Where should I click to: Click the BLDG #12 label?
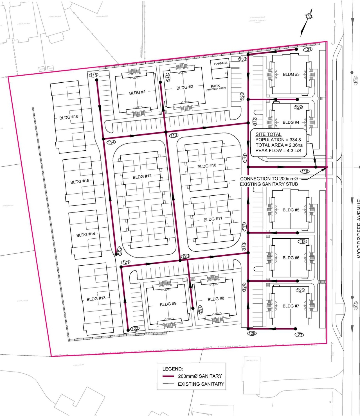point(142,177)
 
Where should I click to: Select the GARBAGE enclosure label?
point(220,64)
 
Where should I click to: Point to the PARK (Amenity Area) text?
point(215,87)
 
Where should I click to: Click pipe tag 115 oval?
point(94,75)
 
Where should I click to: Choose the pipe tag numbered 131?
point(308,49)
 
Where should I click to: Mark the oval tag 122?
point(135,329)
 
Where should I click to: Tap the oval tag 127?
point(299,334)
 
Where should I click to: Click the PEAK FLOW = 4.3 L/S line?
point(278,151)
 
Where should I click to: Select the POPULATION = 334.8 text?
point(278,140)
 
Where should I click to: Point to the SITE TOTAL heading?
point(268,134)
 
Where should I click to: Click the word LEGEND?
point(172,369)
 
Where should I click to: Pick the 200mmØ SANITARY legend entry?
point(200,376)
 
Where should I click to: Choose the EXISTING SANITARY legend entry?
point(201,384)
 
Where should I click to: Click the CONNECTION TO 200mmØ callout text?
point(269,179)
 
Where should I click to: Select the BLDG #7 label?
point(291,306)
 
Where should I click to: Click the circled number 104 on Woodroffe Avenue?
point(355,80)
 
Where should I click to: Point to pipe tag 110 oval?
point(305,171)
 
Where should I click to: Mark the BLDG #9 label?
point(168,304)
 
